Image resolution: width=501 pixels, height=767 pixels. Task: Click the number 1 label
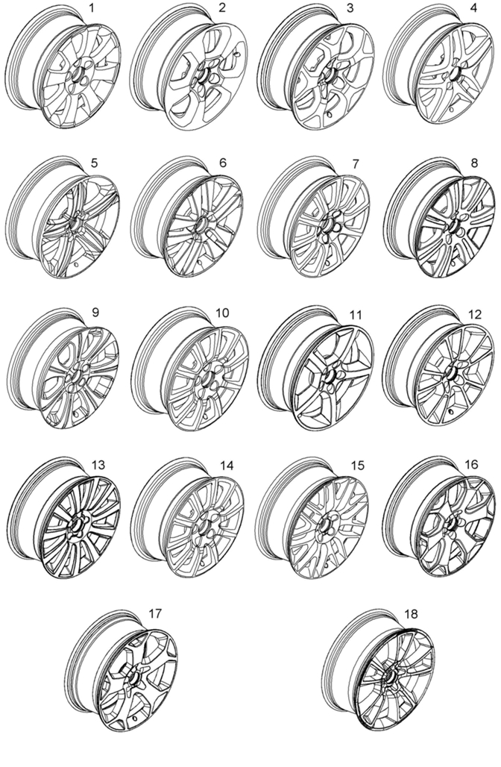point(92,8)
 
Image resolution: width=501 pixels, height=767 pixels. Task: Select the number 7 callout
point(355,163)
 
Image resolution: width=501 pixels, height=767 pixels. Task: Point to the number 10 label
point(222,313)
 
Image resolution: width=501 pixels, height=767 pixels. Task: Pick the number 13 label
point(98,465)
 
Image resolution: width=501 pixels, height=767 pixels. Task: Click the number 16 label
point(471,464)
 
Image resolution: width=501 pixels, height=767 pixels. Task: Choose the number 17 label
point(155,614)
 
